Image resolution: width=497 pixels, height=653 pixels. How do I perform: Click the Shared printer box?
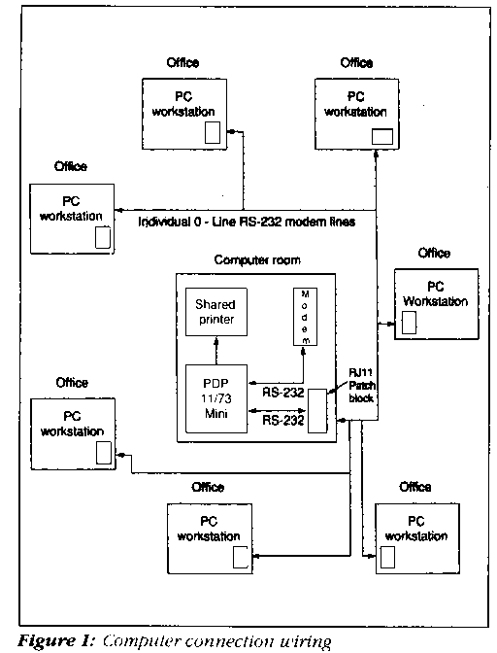coord(216,312)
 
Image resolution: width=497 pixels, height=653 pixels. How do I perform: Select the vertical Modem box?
coord(305,317)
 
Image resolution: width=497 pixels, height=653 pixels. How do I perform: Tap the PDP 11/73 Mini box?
coord(216,398)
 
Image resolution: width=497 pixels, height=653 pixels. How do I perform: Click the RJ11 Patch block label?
coord(361,385)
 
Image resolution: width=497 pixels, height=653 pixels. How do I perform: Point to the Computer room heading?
coord(257,259)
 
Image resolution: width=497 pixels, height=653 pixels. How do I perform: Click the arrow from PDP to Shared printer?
coord(216,351)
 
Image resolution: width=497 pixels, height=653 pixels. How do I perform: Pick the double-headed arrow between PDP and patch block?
coord(278,411)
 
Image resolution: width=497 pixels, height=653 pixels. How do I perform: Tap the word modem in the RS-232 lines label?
coord(307,222)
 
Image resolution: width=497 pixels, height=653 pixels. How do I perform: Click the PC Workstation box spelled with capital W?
coord(436,304)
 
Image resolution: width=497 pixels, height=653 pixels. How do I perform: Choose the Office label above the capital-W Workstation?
coord(434,253)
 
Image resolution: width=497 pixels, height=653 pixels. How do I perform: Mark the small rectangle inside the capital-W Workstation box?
coord(410,323)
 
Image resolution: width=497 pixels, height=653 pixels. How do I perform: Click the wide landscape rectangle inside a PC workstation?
coord(382,137)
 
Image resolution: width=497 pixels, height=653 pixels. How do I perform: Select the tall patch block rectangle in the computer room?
coord(316,411)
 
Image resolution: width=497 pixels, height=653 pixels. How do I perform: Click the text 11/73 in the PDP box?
coord(216,398)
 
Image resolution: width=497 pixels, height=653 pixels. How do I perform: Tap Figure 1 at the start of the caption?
coord(56,641)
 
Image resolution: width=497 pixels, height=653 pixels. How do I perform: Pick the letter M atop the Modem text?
coord(305,294)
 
